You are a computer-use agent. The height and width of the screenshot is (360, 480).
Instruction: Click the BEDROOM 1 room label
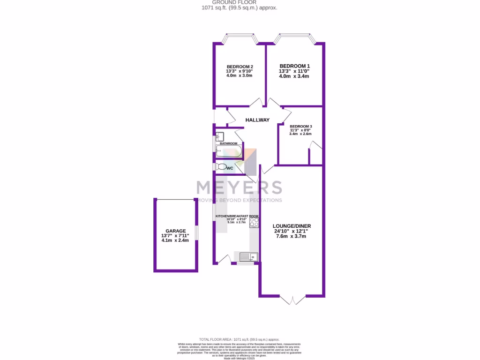click(294, 66)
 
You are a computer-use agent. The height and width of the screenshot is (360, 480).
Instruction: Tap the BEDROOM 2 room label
click(240, 67)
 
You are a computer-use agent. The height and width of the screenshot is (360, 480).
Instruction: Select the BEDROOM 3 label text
click(300, 127)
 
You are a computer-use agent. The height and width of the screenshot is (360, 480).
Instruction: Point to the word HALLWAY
click(258, 120)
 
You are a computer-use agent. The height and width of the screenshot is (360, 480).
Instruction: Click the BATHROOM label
click(229, 143)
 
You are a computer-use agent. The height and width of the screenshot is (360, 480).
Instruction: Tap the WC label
click(230, 168)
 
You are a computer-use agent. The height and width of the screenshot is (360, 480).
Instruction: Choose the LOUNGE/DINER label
click(292, 226)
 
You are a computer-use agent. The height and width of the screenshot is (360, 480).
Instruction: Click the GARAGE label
click(175, 231)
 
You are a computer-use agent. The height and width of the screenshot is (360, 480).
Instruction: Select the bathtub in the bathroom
click(229, 151)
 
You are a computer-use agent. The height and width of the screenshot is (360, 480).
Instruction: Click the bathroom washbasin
click(220, 137)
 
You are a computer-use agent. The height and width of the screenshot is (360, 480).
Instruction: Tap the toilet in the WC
click(221, 166)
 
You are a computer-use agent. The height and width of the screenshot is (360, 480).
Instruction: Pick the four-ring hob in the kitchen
click(254, 222)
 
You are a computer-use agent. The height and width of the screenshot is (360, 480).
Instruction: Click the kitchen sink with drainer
click(248, 256)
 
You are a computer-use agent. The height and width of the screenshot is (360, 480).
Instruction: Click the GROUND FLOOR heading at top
click(240, 2)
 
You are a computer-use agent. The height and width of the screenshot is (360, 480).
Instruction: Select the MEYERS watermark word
click(239, 187)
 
